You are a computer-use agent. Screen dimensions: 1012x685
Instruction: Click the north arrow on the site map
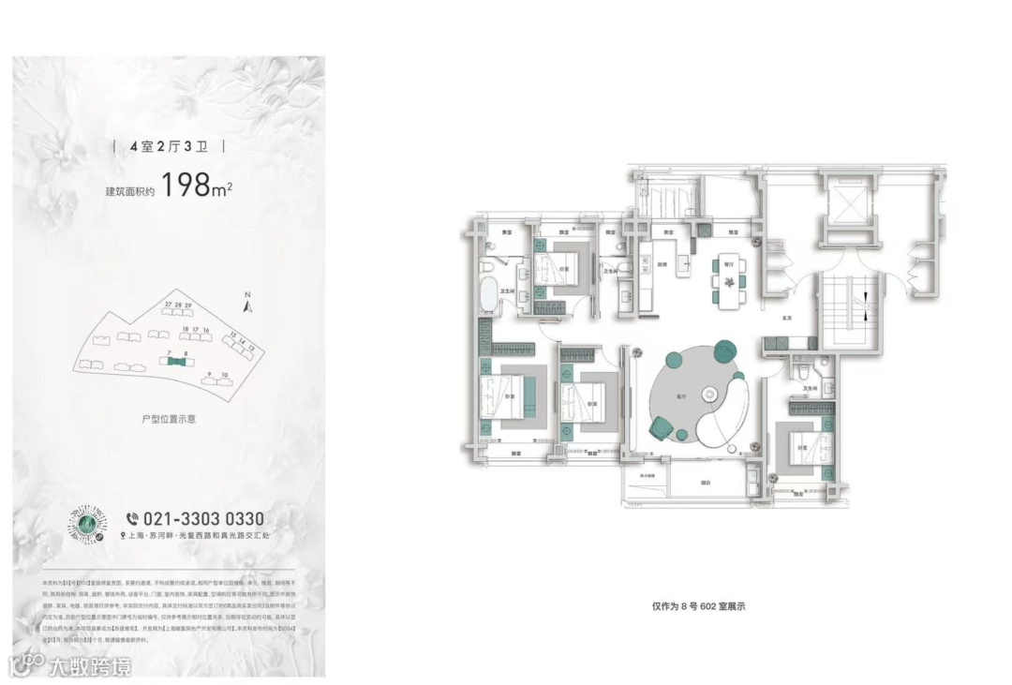click(x=248, y=302)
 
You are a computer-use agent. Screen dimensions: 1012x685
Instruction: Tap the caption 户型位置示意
click(x=169, y=419)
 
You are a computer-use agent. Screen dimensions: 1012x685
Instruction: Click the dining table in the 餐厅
click(x=727, y=278)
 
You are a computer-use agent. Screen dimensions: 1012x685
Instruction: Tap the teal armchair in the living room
click(x=662, y=426)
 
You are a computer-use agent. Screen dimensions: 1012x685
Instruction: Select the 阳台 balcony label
click(x=705, y=484)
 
